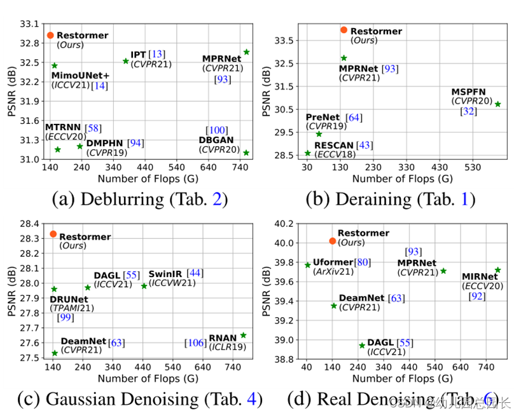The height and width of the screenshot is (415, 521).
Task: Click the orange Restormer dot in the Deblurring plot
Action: tap(50, 35)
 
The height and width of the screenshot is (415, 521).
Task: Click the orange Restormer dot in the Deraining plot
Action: tap(344, 30)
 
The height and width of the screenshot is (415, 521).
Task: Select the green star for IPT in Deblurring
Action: tap(125, 61)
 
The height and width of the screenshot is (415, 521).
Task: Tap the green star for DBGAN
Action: tap(246, 153)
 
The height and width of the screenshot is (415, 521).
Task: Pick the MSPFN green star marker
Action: tap(498, 104)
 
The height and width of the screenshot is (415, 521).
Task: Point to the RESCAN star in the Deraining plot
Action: tap(308, 153)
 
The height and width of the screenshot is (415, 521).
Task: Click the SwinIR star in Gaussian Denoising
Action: tap(144, 286)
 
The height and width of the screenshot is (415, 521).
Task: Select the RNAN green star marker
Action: tap(243, 335)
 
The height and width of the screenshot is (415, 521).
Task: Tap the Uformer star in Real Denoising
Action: tap(308, 265)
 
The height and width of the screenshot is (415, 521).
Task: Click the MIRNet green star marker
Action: tap(498, 270)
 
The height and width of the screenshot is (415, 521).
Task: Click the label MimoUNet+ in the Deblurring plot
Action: tap(81, 75)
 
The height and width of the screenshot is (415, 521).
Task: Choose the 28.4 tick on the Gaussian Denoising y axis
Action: tap(30, 224)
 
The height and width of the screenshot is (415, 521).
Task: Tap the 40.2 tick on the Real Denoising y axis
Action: tap(285, 224)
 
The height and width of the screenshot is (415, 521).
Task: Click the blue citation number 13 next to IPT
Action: tap(156, 54)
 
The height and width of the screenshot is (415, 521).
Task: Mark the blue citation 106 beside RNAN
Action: tap(195, 343)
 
